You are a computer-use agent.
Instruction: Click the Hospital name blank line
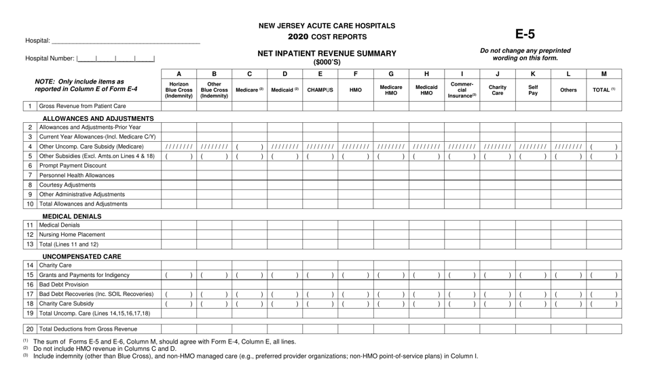click(126, 42)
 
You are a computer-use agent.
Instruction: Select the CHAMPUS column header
click(320, 90)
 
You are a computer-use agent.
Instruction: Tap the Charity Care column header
click(497, 90)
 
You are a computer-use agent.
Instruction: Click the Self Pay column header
click(532, 90)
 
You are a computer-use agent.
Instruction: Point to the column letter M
click(603, 74)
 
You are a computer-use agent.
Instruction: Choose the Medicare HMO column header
click(390, 90)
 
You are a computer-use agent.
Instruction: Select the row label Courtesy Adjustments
click(67, 185)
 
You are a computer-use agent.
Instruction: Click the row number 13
click(30, 244)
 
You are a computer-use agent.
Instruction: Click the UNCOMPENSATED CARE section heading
click(82, 257)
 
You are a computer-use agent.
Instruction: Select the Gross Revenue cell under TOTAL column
click(603, 107)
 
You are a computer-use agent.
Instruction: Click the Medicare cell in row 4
click(249, 147)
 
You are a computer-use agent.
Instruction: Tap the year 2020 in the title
click(301, 37)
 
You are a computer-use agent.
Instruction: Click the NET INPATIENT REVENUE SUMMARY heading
click(327, 53)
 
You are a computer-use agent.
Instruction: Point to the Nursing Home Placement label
click(72, 235)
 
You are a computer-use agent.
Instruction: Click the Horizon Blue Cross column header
click(179, 90)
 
